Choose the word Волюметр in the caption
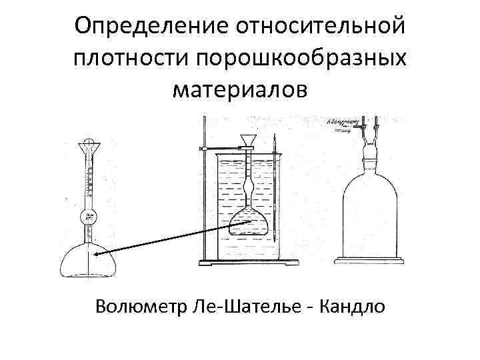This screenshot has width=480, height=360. (x=141, y=307)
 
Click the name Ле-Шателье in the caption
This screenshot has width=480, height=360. (x=251, y=307)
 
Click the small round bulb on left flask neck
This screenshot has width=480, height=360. (x=88, y=216)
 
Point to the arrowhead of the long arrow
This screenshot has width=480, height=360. (x=96, y=254)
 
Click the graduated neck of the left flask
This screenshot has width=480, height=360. (x=87, y=180)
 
